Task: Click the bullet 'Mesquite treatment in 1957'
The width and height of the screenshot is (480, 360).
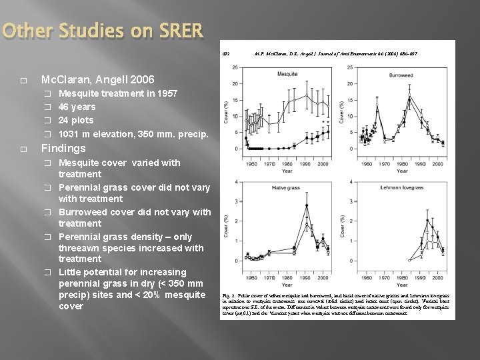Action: (x=117, y=94)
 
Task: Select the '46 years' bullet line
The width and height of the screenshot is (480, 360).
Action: (x=77, y=107)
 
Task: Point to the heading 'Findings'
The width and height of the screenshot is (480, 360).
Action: (x=63, y=148)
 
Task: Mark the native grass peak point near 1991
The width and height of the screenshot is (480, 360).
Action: (x=306, y=205)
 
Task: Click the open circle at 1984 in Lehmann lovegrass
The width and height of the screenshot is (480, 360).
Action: (x=409, y=260)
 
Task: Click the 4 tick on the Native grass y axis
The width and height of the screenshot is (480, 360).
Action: (x=239, y=182)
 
